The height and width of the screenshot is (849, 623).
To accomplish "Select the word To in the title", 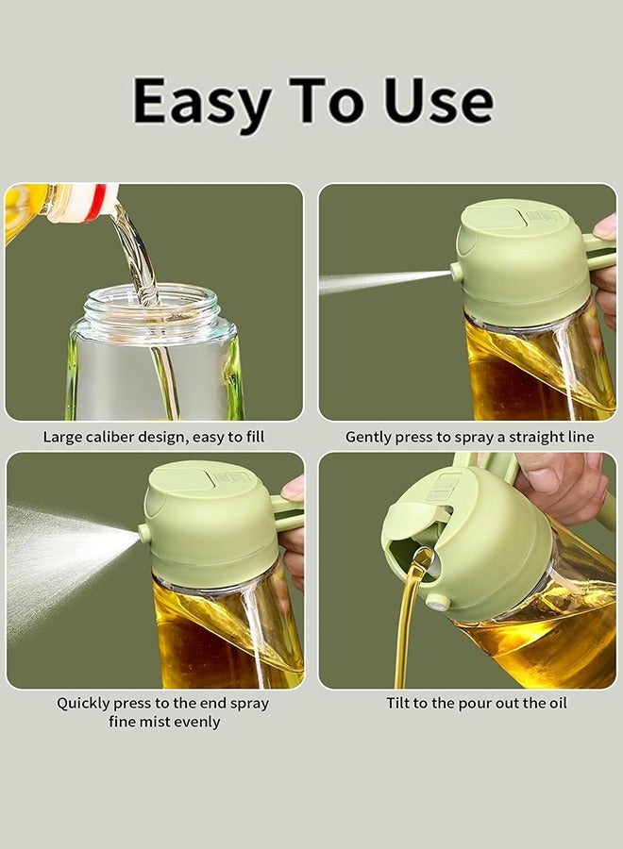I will click(322, 100).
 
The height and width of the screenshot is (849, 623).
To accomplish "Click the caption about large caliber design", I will click(154, 437).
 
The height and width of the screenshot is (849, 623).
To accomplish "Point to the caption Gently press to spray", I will click(469, 437).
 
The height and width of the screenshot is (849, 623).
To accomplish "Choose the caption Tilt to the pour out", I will click(477, 703).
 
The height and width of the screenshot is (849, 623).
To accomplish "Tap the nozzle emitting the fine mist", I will click(144, 533).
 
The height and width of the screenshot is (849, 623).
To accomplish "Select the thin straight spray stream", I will click(378, 280).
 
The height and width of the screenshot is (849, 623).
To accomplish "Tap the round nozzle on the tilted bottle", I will click(437, 601).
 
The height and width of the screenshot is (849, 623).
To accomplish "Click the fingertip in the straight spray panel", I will click(606, 226).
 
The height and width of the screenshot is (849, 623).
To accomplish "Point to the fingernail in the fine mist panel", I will click(294, 488).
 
